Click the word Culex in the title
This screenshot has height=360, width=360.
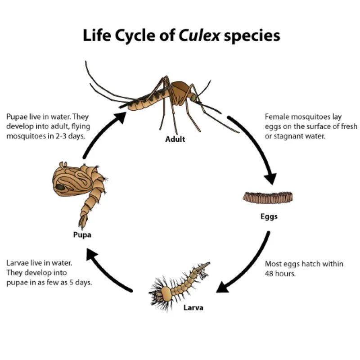coord(199,36)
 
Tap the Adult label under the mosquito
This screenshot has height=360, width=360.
coord(175,139)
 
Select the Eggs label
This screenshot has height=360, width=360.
coord(269,216)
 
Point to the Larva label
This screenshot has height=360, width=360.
coord(193,307)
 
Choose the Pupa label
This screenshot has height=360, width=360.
coord(82,235)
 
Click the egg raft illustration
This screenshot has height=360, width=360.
coord(268,198)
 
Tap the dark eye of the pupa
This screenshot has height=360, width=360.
coord(60,187)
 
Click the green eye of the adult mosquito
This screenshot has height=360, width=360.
coord(193,98)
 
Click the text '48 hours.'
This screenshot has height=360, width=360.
coord(280,274)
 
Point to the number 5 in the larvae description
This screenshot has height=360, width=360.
coord(71,283)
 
